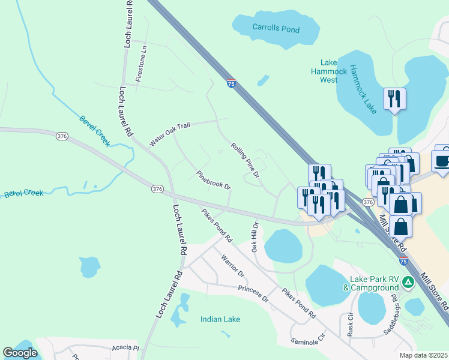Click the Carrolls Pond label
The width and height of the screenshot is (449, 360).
tap(276, 28)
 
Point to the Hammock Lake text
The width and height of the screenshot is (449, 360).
tap(363, 89)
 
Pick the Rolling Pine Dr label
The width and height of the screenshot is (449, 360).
tap(245, 160)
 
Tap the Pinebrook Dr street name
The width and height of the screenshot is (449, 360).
tap(214, 180)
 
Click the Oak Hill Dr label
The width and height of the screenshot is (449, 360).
tap(255, 237)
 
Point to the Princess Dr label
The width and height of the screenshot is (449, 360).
tap(253, 293)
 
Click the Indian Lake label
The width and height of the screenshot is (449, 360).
tap(220, 319)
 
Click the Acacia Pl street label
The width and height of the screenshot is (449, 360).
tap(125, 347)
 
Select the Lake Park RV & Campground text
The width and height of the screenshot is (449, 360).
tap(370, 283)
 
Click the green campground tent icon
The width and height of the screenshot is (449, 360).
tap(408, 281)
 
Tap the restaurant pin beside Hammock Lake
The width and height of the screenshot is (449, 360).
tap(394, 98)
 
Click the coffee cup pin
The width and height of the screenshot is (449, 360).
tap(442, 160)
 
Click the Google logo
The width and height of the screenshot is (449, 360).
tap(20, 353)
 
